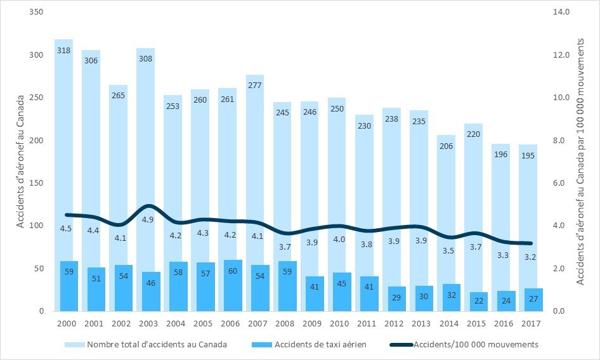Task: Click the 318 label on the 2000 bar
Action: [x=63, y=50]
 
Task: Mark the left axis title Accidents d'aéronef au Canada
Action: [x=20, y=162]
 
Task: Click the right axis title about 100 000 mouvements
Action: [x=582, y=162]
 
